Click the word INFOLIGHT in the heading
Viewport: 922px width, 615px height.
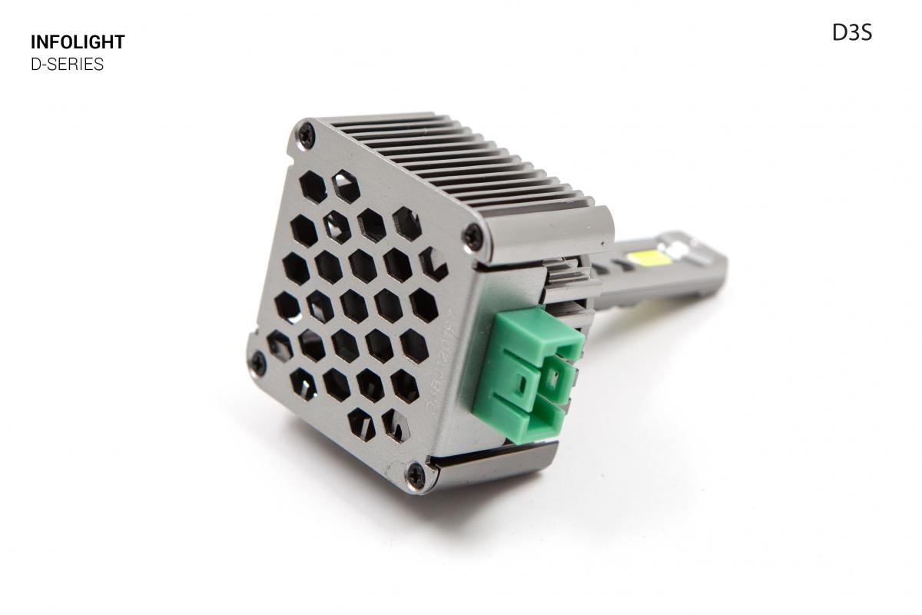(x=77, y=42)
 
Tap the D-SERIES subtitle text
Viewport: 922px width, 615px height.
(x=67, y=65)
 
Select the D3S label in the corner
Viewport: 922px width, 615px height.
(x=851, y=33)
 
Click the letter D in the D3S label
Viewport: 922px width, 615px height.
(x=840, y=33)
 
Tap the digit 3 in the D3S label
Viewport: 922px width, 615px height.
(x=854, y=33)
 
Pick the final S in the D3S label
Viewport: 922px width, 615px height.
(x=866, y=33)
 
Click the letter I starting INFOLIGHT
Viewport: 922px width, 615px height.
(x=34, y=42)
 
